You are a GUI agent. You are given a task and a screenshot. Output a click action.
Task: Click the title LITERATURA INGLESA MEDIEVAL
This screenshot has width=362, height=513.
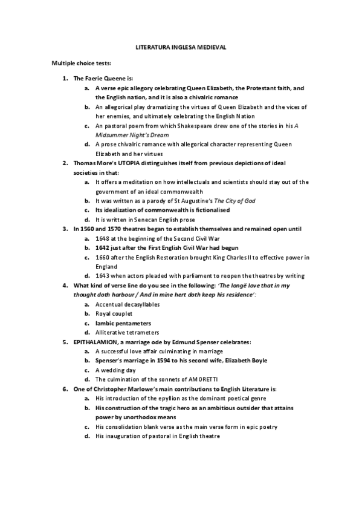pyautogui.click(x=181, y=47)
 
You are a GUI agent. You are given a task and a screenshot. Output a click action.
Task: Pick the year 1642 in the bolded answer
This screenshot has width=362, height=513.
pyautogui.click(x=102, y=247)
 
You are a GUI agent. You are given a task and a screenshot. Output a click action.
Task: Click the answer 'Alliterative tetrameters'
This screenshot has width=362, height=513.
pyautogui.click(x=127, y=332)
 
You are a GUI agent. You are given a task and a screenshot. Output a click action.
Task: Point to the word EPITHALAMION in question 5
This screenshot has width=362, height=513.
pyautogui.click(x=95, y=342)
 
